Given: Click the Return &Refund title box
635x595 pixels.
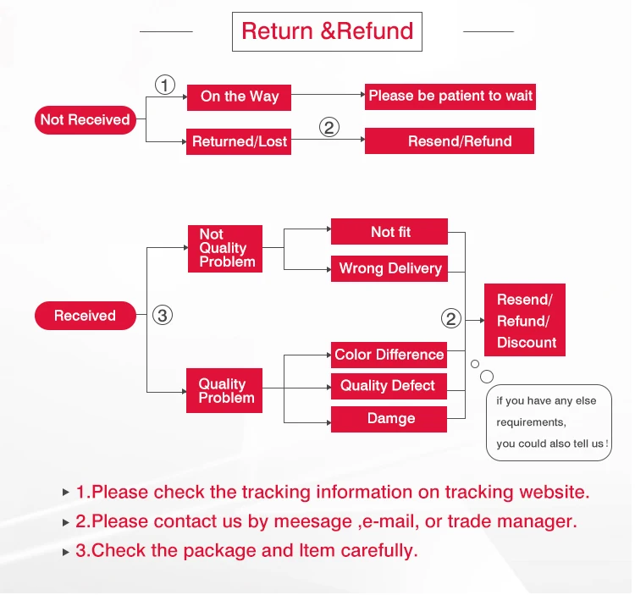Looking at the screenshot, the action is [327, 31].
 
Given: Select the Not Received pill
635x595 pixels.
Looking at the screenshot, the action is [85, 120].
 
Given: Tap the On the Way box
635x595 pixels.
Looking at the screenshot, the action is [239, 97].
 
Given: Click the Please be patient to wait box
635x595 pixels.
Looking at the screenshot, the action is [450, 96].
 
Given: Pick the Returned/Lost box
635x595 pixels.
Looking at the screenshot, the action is [239, 141].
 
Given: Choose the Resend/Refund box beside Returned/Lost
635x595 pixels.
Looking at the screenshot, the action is [449, 140].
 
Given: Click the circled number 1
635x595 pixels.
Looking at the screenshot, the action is [165, 85].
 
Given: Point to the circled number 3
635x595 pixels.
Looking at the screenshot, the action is [163, 316].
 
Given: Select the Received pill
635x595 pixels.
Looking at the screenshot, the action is [85, 316].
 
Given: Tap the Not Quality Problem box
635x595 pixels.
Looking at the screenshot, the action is [224, 249].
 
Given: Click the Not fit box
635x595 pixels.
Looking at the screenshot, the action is [389, 232].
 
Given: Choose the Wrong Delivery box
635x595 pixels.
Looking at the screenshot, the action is [389, 268].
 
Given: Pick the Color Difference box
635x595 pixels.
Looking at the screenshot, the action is [389, 355].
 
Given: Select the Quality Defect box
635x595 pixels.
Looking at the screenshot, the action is [389, 386].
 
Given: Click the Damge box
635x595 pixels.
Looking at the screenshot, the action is [389, 419].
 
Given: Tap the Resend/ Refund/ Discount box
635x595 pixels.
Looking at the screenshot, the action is [525, 320].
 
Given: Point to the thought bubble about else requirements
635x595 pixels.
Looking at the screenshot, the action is [549, 422].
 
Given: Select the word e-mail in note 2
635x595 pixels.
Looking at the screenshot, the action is [391, 521].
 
